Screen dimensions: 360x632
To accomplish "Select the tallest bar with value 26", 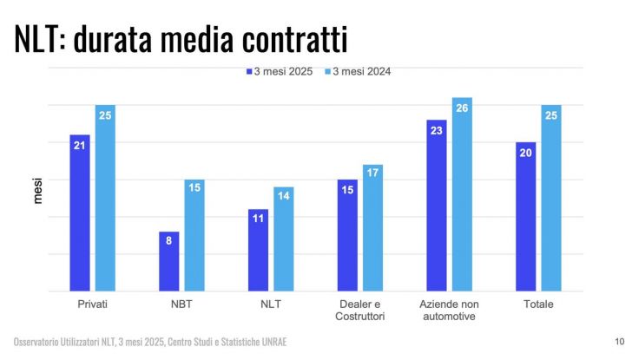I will click(462, 195).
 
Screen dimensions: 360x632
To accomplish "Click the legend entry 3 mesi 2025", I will click(280, 72).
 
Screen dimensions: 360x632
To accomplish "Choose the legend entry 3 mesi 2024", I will click(357, 72).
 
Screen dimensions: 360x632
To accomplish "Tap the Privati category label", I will click(92, 304).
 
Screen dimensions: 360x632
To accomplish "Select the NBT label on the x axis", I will click(181, 304).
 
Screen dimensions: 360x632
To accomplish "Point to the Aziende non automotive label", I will click(449, 311).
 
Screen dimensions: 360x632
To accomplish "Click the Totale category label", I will click(538, 304).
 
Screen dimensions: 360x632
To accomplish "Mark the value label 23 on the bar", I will click(436, 131).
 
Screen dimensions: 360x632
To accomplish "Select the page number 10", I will click(619, 342).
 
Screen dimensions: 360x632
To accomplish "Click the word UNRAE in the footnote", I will click(269, 343).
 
